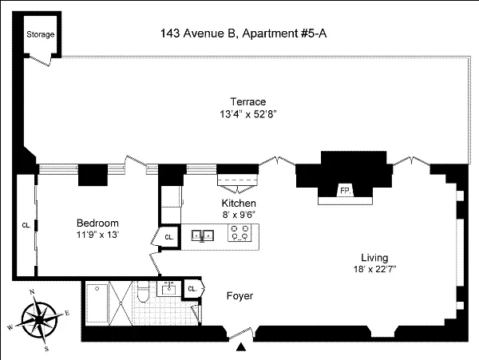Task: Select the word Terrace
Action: (247, 101)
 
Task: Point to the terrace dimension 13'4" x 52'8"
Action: (247, 114)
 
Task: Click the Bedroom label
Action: (97, 223)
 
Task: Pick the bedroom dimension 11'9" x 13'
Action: (97, 235)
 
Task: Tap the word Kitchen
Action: (239, 204)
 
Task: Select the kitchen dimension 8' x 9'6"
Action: (239, 216)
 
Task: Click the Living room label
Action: (374, 258)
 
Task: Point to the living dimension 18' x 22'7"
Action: (374, 271)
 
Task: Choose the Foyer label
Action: (239, 296)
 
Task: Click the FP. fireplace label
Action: (346, 192)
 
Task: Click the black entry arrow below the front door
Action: (241, 347)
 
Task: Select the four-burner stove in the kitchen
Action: (239, 235)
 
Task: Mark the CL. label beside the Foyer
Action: (192, 289)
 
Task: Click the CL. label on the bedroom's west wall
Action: (26, 224)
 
